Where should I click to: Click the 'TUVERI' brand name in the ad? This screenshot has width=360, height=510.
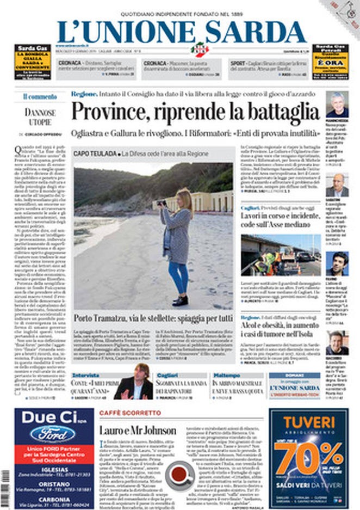pyautogui.click(x=309, y=422)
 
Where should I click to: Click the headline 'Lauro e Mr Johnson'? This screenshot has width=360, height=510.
pyautogui.click(x=138, y=430)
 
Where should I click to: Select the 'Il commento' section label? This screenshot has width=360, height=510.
pyautogui.click(x=40, y=96)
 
